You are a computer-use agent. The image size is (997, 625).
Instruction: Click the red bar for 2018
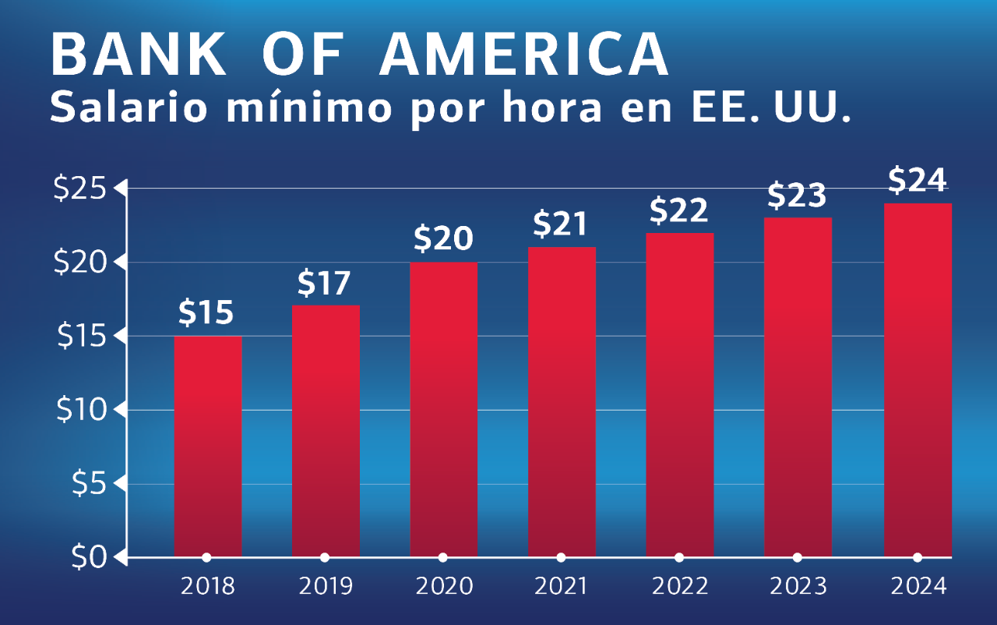pyautogui.click(x=207, y=446)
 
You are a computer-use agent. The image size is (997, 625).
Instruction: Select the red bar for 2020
pyautogui.click(x=443, y=409)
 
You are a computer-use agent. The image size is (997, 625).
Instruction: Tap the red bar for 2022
pyautogui.click(x=680, y=394)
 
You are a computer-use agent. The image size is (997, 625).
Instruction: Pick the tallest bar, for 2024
pyautogui.click(x=918, y=380)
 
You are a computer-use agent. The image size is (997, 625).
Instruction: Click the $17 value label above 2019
pyautogui.click(x=324, y=284)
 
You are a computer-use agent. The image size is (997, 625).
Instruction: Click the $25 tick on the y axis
pyautogui.click(x=83, y=189)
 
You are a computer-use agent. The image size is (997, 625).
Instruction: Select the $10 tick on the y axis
pyautogui.click(x=83, y=410)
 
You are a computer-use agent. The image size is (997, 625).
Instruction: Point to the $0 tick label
pyautogui.click(x=89, y=558)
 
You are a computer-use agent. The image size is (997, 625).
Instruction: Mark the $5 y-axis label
pyautogui.click(x=89, y=484)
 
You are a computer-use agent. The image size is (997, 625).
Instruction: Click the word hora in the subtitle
pyautogui.click(x=545, y=108)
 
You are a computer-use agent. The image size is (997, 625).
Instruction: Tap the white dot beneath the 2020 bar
pyautogui.click(x=443, y=557)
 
